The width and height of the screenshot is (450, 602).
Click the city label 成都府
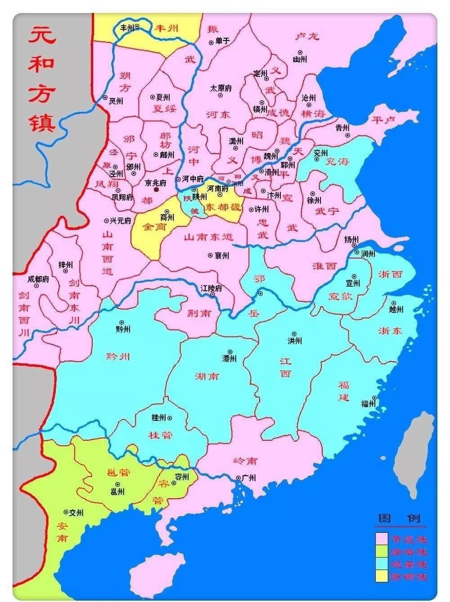38,279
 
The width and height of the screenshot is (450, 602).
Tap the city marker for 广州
238,478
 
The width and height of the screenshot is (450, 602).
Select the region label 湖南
207,376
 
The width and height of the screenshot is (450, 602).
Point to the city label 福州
368,404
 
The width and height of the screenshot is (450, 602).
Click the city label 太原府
220,89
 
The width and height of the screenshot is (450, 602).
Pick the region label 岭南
246,461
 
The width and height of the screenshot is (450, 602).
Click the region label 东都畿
223,208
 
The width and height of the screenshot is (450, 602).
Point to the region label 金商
154,227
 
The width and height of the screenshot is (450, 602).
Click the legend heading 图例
400,519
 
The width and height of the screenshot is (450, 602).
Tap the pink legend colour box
382,539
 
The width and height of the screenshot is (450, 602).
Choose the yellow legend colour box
382,576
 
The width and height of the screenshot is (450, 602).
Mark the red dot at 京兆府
156,190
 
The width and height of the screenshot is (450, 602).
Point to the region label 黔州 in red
118,357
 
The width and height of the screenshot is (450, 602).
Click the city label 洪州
294,341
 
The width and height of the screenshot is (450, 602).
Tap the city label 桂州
159,417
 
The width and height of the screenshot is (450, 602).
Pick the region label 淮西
324,266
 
